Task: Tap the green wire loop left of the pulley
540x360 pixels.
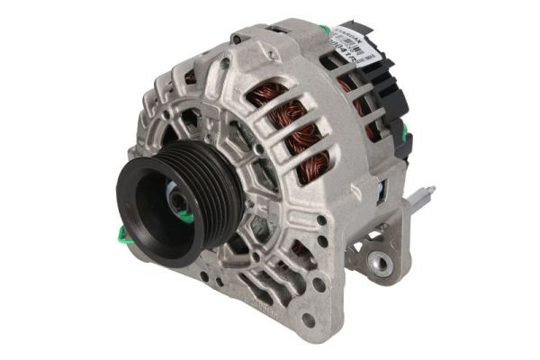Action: (x=121, y=236)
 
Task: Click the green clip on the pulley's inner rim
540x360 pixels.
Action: (x=184, y=216)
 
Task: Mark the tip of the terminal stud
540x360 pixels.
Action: (x=432, y=190)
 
